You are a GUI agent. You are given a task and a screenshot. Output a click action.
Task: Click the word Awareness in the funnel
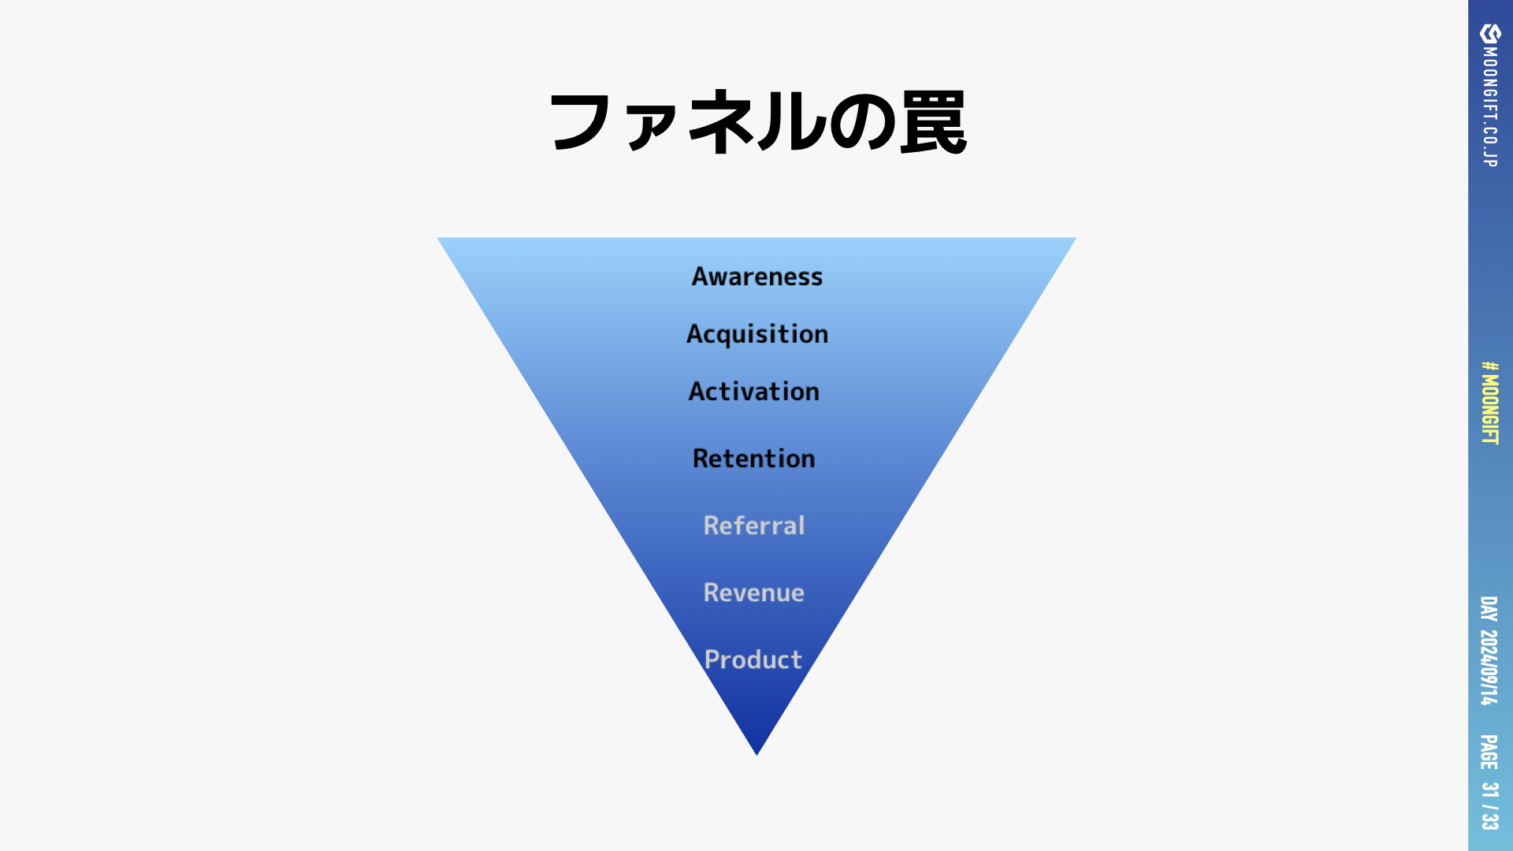tap(756, 277)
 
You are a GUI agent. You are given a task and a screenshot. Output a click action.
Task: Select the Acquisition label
tap(756, 334)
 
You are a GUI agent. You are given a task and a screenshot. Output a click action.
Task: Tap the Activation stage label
tap(754, 392)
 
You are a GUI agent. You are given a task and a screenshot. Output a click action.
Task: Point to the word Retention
tap(754, 459)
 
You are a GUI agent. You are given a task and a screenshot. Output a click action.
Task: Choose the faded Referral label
tap(754, 526)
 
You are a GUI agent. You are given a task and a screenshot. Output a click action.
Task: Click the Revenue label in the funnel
tap(754, 593)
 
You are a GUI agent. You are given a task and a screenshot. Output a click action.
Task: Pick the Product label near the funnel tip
tap(753, 660)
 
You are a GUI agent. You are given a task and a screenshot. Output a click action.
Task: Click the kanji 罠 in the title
tap(933, 123)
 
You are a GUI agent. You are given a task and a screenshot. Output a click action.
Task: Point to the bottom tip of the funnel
tap(756, 753)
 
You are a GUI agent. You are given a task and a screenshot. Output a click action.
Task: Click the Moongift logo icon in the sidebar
tap(1490, 33)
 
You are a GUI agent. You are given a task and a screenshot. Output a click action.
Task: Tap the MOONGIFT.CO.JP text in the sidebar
tap(1490, 106)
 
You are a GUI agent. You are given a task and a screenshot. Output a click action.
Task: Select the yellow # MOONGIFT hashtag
tap(1490, 403)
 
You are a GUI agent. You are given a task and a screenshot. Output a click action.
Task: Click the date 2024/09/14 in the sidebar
tap(1489, 667)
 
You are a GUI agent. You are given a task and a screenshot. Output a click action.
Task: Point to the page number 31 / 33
tap(1489, 805)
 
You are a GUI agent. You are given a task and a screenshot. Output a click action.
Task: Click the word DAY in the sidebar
tap(1489, 609)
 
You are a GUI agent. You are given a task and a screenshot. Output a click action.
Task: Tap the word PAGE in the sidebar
tap(1489, 752)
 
